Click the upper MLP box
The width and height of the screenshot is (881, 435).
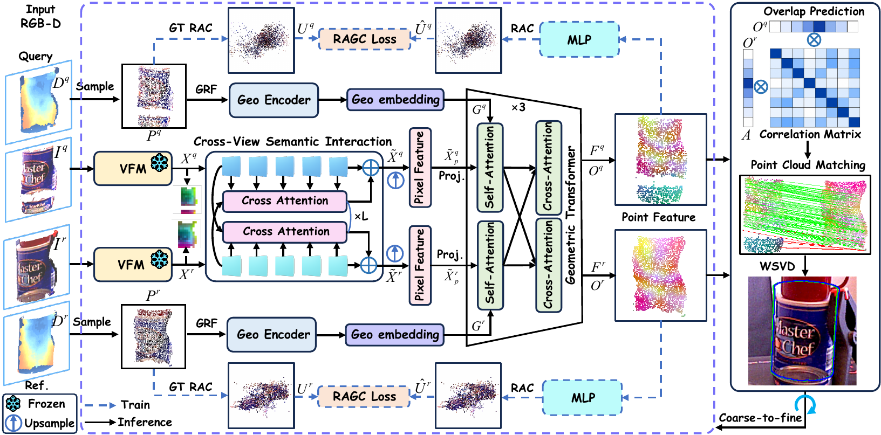point(579,39)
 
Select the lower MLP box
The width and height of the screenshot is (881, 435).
point(582,397)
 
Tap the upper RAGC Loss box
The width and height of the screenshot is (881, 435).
point(365,39)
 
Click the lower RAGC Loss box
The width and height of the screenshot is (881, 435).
point(364,396)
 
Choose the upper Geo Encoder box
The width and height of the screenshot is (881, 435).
point(274,100)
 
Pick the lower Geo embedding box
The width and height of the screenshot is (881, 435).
point(395,334)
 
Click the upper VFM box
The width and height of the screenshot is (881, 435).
point(133,169)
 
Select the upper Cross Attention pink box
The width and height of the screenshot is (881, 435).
point(285,201)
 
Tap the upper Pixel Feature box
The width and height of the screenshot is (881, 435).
point(420,168)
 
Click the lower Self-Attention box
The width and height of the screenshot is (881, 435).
point(490,265)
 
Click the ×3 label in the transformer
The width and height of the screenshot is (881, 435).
point(518,107)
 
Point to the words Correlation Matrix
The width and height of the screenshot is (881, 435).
point(810,134)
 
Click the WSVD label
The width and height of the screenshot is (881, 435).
point(777,266)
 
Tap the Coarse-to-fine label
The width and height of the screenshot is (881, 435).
point(760,418)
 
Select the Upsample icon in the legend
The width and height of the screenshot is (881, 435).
point(13,423)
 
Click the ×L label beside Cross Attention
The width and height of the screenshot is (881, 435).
point(361,216)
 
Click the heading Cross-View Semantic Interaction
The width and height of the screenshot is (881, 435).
point(292,141)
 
